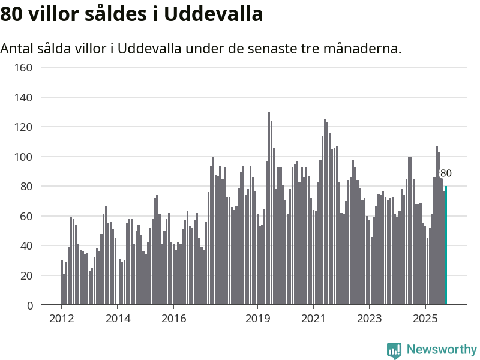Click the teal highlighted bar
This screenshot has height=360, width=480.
coord(446,246)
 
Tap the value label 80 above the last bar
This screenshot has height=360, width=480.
coord(446,174)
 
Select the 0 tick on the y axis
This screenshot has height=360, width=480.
coord(29,305)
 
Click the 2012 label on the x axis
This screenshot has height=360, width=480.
coord(61,318)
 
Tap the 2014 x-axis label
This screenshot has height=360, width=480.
coord(117,318)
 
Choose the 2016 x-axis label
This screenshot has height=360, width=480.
coord(173,318)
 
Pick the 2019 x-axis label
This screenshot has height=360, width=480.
coord(258,318)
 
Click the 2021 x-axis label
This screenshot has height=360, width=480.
coord(313,318)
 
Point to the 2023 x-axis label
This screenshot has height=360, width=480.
coord(369,318)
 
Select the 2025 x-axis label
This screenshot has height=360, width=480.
coord(425,318)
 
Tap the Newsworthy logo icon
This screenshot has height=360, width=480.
coord(394,350)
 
